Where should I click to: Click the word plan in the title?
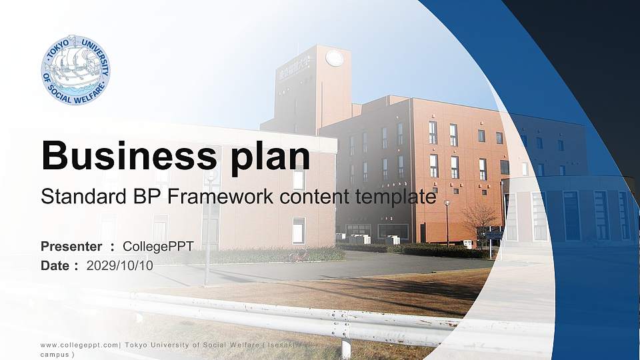(271, 157)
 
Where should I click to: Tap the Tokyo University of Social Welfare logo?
(75, 70)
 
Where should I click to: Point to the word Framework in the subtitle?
(221, 196)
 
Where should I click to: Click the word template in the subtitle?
(395, 197)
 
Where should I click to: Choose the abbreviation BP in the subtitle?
(147, 196)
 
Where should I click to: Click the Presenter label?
(71, 247)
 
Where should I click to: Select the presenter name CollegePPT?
(158, 247)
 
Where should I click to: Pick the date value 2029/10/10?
(119, 266)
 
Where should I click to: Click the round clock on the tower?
(334, 58)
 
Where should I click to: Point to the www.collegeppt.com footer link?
(79, 345)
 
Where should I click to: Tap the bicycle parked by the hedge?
(299, 255)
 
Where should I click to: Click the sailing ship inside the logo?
(75, 65)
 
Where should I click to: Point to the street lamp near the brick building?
(447, 224)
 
